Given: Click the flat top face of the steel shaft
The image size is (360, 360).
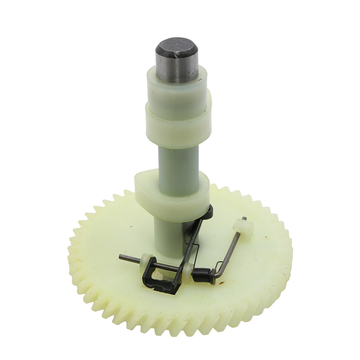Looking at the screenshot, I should click(x=177, y=46).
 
